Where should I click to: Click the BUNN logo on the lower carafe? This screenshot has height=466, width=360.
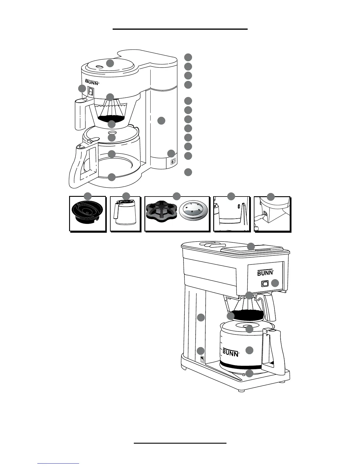231,352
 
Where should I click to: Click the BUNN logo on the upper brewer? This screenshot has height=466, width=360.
92,81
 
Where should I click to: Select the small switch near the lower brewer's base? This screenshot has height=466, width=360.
202,360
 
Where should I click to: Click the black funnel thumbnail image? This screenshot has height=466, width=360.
87,214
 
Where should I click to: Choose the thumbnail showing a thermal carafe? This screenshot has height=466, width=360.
125,214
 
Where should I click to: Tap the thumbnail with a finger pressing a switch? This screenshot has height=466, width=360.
272,214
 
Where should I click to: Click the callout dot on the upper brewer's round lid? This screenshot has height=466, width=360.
110,63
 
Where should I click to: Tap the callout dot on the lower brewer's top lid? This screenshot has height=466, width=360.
251,246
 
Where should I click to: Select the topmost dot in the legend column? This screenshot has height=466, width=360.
188,57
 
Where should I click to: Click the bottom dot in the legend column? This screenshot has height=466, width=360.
188,172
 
